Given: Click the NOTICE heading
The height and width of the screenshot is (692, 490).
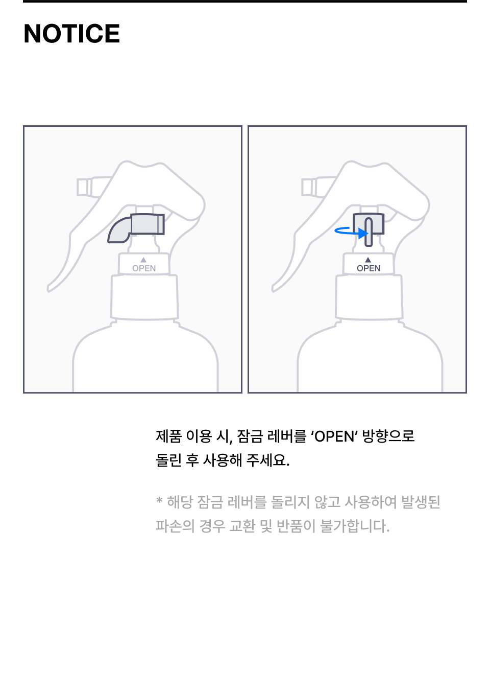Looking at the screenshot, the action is (71, 33).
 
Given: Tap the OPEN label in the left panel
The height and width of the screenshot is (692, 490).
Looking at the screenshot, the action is (144, 268).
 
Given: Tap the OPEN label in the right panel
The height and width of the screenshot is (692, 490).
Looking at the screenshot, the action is (369, 268).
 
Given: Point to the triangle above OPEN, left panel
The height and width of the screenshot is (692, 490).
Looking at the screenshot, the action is (143, 260).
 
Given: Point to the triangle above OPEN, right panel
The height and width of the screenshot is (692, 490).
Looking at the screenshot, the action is (368, 260).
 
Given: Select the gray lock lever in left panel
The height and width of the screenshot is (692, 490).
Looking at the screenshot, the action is (136, 227).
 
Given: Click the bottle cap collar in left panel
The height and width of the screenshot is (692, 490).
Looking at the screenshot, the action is (144, 297).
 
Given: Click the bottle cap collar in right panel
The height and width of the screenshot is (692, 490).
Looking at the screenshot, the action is (369, 297).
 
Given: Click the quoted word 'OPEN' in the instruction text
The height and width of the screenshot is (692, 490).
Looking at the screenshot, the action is (334, 436).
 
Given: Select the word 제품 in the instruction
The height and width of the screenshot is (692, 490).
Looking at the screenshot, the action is (168, 436).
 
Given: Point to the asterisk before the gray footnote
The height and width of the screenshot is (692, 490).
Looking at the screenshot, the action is (159, 499).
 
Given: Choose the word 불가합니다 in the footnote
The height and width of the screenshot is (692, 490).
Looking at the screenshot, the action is (355, 526).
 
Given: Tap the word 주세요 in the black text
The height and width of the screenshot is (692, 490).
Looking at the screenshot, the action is (268, 460).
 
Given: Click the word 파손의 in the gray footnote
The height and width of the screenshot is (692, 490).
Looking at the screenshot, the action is (175, 526).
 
